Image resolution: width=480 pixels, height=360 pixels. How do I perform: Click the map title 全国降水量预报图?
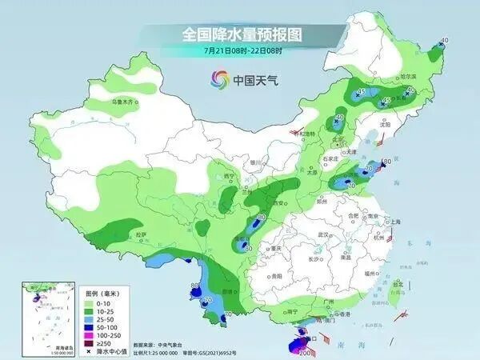pos(239,34)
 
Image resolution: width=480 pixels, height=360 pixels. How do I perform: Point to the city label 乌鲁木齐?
pos(121,102)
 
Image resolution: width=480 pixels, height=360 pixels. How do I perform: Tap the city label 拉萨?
pos(141,234)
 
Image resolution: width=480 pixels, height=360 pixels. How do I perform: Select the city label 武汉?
pos(323,234)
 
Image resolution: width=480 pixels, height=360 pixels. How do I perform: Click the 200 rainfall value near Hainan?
pos(304,352)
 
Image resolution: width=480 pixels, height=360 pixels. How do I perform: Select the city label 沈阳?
pos(386,125)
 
